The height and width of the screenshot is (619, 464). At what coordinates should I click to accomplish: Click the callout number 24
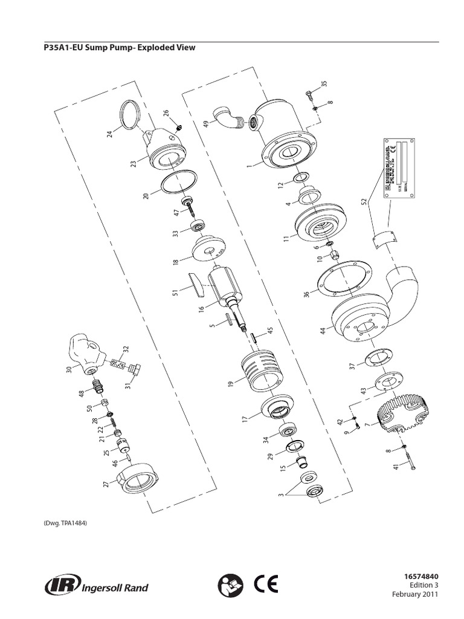point(110,134)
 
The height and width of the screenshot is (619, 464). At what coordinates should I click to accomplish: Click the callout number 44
point(323,331)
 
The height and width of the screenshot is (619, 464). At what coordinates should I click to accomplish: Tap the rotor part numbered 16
point(225,286)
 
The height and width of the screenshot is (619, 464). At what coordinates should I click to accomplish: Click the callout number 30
point(69,369)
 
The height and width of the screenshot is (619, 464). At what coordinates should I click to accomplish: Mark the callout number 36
point(306,294)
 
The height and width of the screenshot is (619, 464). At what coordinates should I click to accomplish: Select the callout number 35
point(324,83)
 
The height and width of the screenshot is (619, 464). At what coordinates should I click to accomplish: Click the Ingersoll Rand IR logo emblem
point(59,586)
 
